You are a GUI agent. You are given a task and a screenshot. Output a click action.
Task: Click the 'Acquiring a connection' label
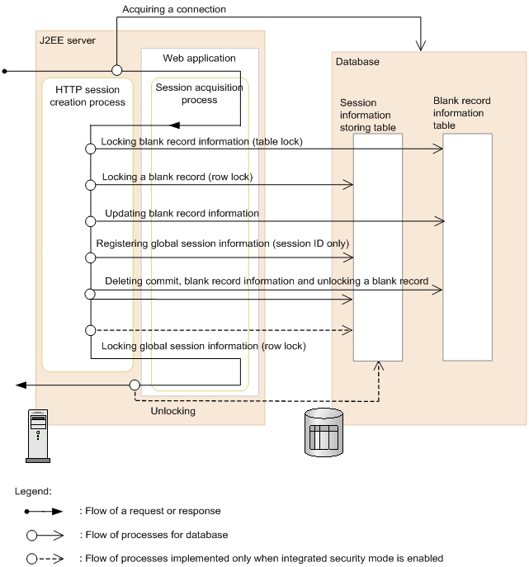point(174,10)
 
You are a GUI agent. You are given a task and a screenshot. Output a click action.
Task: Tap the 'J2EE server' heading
point(68,39)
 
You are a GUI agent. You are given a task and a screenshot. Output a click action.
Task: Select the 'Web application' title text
point(199,58)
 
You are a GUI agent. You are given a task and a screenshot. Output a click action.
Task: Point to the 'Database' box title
point(357,61)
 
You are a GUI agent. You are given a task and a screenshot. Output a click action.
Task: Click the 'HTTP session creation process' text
point(87,96)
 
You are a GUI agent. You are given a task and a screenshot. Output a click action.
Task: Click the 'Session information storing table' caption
point(368,116)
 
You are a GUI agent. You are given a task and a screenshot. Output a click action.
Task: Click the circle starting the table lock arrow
point(90,149)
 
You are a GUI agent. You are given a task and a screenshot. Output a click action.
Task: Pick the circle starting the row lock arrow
point(90,185)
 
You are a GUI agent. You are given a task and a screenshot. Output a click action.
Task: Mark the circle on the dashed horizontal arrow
point(90,330)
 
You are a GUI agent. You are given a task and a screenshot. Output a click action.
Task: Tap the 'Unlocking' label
point(172,410)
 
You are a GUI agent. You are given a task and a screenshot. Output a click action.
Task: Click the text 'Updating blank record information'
point(182,214)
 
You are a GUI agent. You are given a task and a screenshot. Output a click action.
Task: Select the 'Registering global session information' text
point(222,243)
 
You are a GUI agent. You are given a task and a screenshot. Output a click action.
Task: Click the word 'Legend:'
point(33,490)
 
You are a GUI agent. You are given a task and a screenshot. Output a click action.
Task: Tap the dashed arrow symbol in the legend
point(46,559)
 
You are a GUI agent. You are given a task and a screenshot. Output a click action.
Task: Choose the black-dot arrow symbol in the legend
point(46,511)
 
